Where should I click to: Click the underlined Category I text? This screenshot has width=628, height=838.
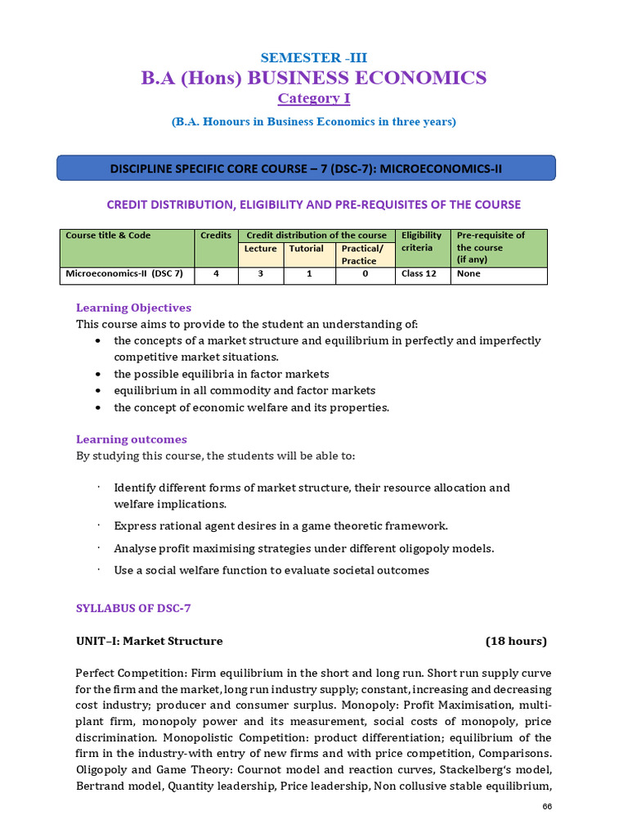click(x=308, y=98)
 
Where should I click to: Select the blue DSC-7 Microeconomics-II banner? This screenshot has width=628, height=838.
click(x=306, y=169)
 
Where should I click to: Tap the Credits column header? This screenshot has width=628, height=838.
click(x=216, y=235)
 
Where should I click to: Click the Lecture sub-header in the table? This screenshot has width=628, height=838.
click(x=260, y=249)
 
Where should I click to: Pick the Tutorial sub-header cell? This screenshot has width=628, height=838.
click(x=306, y=249)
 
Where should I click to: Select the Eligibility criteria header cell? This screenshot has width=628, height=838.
click(x=421, y=241)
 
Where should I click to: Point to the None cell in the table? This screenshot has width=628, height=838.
click(x=469, y=274)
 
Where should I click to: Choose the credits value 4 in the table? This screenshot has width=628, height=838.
click(x=216, y=274)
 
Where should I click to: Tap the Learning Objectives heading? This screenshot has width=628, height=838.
click(x=133, y=308)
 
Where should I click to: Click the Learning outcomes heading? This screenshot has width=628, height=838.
click(x=131, y=439)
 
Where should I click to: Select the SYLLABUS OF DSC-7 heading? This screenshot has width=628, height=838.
click(x=132, y=608)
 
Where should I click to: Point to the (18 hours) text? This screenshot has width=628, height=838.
click(x=516, y=641)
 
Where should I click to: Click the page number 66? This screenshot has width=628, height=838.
click(x=547, y=808)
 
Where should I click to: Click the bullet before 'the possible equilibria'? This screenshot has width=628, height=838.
click(x=98, y=374)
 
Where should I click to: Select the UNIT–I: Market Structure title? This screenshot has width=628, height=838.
click(x=149, y=641)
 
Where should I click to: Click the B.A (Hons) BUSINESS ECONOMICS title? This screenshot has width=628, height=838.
click(x=313, y=78)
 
